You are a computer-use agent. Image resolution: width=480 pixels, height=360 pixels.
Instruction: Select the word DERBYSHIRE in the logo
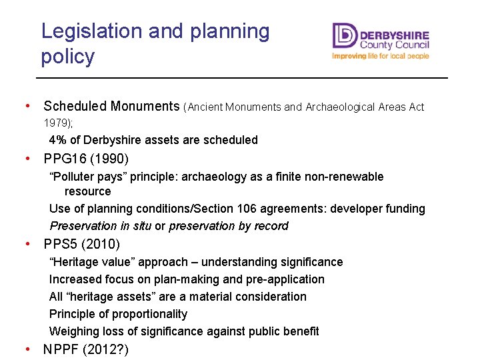point(394,35)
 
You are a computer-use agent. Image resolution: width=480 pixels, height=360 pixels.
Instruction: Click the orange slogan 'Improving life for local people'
point(381,57)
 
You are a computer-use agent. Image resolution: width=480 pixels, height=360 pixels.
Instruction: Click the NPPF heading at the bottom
point(63,349)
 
